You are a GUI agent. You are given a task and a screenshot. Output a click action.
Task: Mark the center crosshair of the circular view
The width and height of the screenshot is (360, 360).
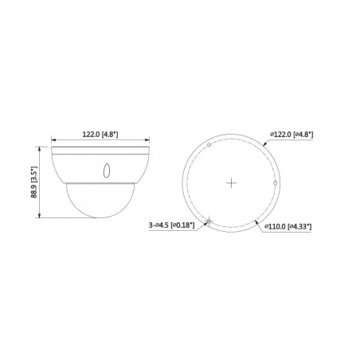[231, 182]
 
